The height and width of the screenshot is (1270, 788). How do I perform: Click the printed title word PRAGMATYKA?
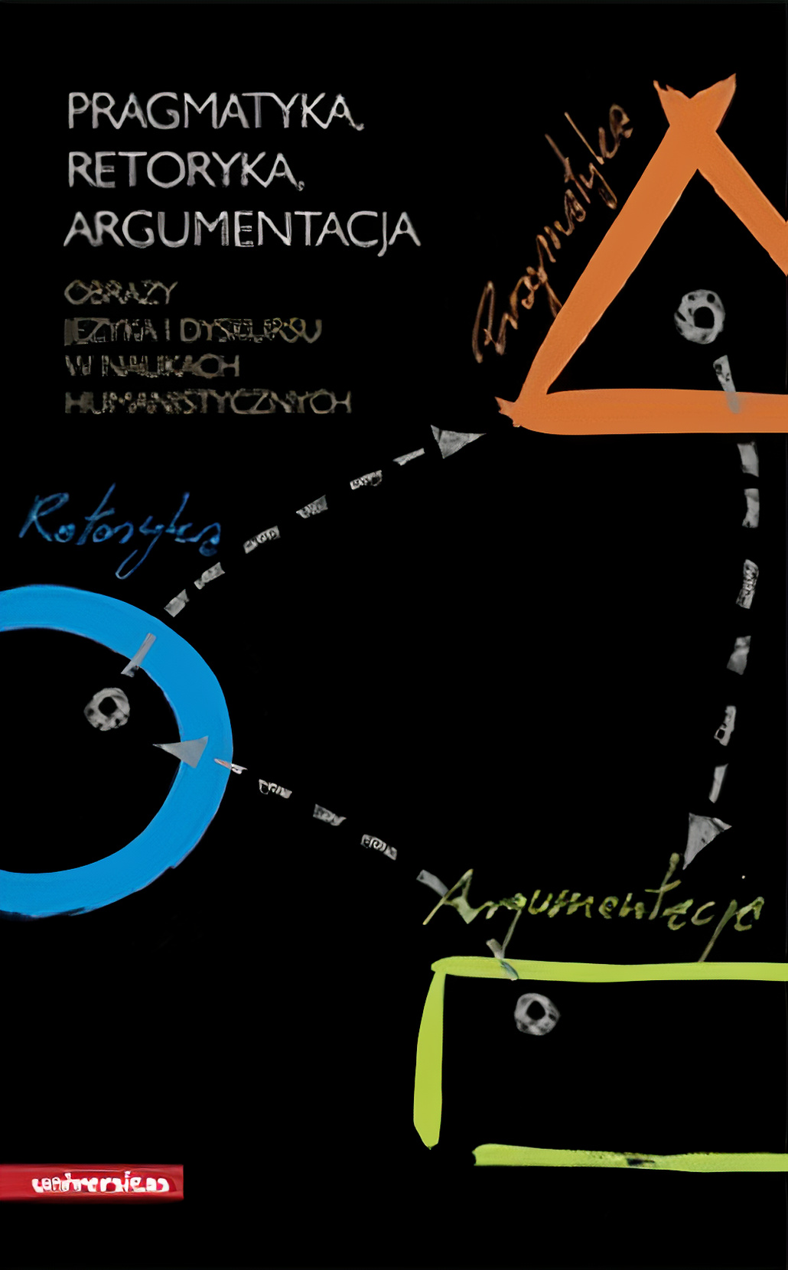pyautogui.click(x=214, y=112)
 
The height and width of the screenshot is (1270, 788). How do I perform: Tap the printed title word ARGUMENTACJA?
pyautogui.click(x=242, y=229)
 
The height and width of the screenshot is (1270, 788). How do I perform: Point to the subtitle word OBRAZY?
pyautogui.click(x=121, y=292)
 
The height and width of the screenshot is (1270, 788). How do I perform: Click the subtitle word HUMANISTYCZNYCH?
pyautogui.click(x=207, y=402)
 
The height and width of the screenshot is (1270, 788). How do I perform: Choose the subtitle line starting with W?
pyautogui.click(x=152, y=366)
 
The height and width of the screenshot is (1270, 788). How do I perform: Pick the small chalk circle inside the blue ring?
pyautogui.click(x=107, y=708)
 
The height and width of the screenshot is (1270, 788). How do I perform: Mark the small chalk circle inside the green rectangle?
pyautogui.click(x=536, y=1013)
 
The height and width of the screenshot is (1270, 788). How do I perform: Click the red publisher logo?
pyautogui.click(x=92, y=1183)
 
